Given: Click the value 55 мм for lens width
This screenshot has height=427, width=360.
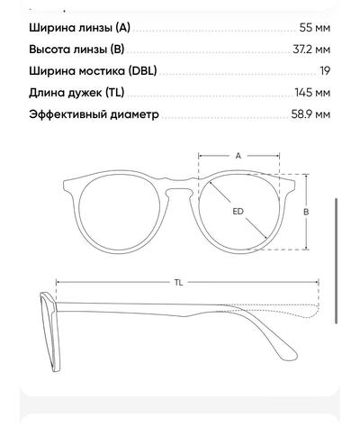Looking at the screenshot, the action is [315, 28].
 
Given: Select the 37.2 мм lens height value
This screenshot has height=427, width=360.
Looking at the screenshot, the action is [311, 50].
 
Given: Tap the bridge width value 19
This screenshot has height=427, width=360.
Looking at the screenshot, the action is [325, 71].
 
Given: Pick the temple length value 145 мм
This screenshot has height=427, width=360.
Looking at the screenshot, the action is [312, 93].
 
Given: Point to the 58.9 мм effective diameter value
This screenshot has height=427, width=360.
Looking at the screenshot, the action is [310, 114].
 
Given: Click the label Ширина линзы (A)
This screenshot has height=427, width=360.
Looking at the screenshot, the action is [80, 28].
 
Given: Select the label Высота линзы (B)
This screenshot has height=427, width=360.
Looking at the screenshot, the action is [76, 50].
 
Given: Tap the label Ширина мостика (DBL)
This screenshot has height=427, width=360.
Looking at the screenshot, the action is [93, 71].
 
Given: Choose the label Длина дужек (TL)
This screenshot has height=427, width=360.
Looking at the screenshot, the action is [76, 93].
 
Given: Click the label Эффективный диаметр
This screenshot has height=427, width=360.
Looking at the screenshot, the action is [94, 114].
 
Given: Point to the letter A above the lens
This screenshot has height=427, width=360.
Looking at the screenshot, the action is [238, 156].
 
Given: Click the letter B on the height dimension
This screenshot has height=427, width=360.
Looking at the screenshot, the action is [306, 212].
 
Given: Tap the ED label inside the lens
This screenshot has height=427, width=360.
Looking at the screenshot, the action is [238, 212].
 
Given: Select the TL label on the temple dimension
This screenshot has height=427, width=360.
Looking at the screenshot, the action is [179, 282].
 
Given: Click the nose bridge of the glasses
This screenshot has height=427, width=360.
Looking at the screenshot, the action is [179, 185].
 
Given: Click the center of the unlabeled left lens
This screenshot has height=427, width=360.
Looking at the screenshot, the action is [119, 214].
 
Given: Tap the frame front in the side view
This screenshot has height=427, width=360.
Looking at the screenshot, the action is [49, 332].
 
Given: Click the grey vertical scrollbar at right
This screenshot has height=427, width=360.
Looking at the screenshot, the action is [336, 260].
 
